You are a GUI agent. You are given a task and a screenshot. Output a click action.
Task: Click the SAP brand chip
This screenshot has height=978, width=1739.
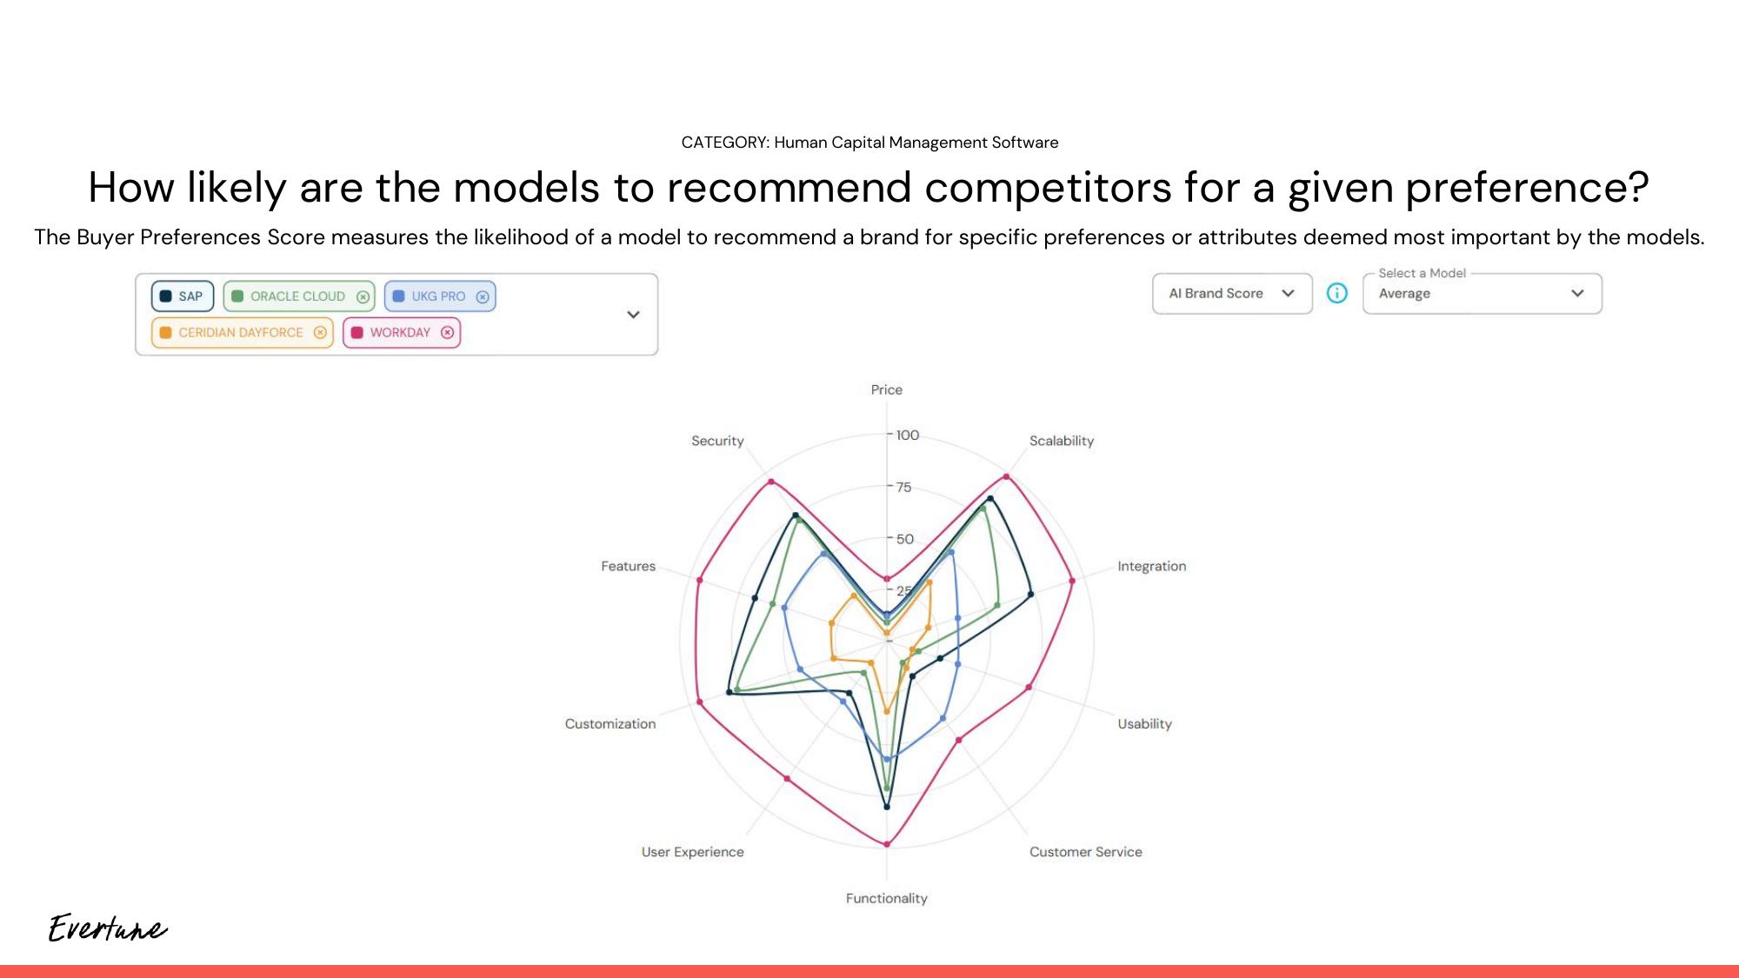[x=183, y=296]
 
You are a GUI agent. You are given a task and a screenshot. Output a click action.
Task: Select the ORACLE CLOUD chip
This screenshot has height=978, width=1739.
[x=297, y=296]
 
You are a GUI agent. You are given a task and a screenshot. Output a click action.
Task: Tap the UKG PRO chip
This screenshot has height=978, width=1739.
[x=438, y=296]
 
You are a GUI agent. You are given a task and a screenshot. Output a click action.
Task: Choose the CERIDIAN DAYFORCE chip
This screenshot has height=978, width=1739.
[x=240, y=333]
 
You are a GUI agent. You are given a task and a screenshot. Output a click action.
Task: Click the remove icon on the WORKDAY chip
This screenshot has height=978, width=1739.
[x=447, y=333]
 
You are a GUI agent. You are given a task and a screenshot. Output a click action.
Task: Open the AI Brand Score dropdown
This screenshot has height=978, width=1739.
[x=1231, y=294]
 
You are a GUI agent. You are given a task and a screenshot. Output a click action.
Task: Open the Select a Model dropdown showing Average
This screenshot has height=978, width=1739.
[x=1482, y=294]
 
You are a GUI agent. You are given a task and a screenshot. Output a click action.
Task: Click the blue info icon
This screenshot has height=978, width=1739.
[x=1337, y=294]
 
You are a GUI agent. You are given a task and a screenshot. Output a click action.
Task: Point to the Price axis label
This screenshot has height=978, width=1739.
[x=887, y=389]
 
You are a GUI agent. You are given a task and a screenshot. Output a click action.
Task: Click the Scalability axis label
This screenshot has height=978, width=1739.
[x=1061, y=441]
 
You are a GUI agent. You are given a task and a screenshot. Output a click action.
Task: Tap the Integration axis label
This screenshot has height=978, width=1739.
[x=1151, y=566]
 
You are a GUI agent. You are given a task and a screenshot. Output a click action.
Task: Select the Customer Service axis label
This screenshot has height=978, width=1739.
[x=1085, y=852]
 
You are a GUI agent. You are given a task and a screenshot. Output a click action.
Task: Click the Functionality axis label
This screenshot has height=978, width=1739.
[x=887, y=898]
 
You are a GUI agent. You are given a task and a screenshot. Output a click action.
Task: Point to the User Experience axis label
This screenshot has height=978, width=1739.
[x=692, y=852]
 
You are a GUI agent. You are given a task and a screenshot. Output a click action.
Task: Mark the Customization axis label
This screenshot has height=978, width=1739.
[x=610, y=723]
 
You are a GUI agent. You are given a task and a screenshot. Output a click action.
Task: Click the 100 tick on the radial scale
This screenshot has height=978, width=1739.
[x=907, y=435]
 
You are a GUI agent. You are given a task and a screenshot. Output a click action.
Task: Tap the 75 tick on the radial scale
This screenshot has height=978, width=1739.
[x=904, y=487]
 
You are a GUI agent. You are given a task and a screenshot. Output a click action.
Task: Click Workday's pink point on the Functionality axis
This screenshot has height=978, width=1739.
[x=887, y=844]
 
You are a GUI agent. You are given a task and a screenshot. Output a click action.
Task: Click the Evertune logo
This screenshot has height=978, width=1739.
[x=108, y=928]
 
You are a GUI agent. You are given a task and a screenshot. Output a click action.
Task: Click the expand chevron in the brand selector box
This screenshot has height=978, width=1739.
[x=633, y=315]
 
